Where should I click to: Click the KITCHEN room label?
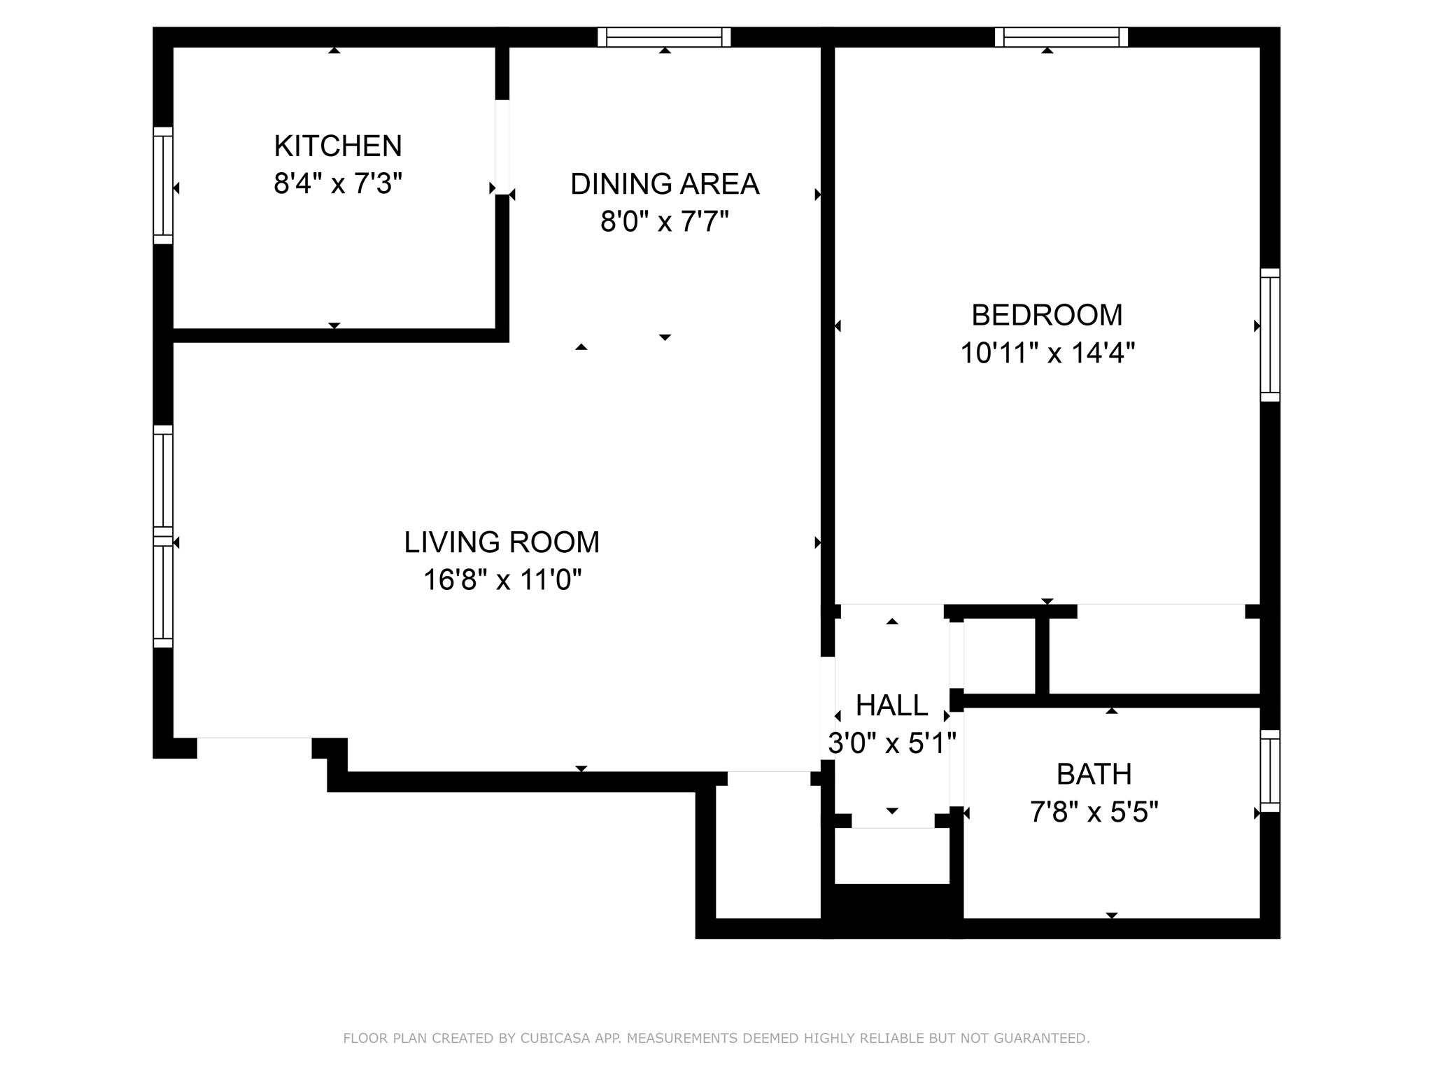[338, 146]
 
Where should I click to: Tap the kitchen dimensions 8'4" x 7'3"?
[338, 184]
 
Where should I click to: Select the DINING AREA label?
[665, 184]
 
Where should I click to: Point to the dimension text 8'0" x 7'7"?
[665, 222]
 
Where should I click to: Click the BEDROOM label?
[1047, 315]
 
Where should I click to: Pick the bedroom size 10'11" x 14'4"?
[1047, 353]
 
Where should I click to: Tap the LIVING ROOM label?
[502, 542]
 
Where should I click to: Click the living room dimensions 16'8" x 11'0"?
[502, 580]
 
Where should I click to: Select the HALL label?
[891, 705]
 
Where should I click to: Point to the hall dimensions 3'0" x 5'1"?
[891, 743]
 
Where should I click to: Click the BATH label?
[1094, 774]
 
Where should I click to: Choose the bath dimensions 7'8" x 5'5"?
[1094, 812]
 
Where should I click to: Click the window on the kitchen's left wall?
[163, 185]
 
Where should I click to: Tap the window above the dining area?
[664, 37]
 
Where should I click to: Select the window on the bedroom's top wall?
[1061, 37]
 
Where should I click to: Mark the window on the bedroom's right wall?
[1270, 335]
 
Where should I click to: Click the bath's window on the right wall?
[1270, 771]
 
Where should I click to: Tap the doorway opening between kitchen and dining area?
[502, 147]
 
